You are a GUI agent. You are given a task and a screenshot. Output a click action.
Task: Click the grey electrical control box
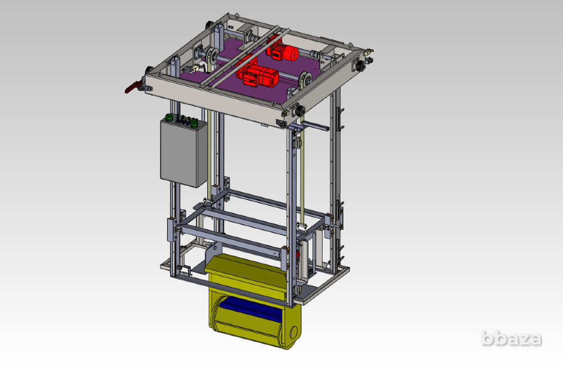point(183,153)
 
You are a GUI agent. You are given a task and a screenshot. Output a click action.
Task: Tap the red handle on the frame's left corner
point(132,88)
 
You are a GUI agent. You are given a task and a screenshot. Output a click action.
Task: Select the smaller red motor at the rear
point(283,52)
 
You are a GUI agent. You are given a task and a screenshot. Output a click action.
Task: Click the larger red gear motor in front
point(259,76)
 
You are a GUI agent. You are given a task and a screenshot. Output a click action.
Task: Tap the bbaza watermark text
point(511,339)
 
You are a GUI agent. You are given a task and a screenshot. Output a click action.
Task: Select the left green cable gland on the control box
point(168,118)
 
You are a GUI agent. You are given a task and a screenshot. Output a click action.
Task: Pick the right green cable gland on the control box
point(194,123)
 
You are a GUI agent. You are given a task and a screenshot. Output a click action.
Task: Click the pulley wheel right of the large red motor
point(304,81)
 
